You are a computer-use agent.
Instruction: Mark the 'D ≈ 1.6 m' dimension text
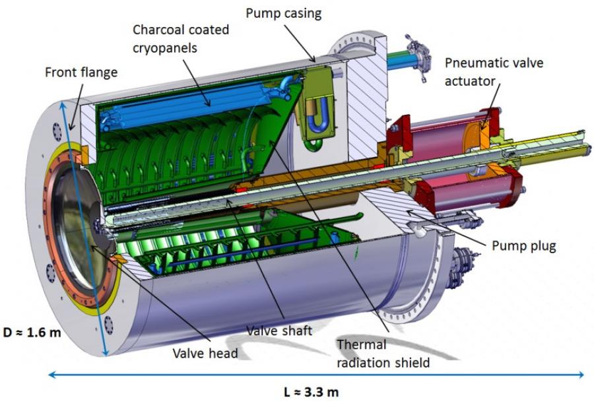(x=30, y=332)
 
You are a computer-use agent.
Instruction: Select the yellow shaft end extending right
(x=548, y=145)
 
